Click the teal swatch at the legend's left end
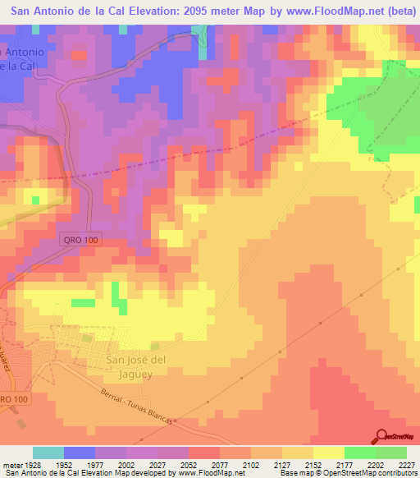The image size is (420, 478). click(48, 453)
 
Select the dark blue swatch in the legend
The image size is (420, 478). click(80, 453)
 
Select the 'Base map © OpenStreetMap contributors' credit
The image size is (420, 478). click(346, 473)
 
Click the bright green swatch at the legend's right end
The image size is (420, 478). click(391, 453)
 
